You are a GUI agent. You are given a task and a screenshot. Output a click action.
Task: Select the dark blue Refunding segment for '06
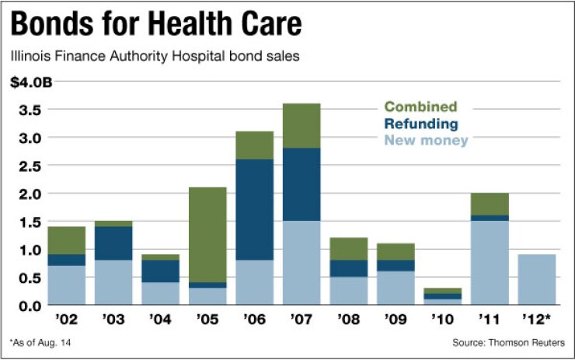coord(254,210)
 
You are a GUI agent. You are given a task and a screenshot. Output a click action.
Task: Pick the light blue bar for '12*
coord(536,279)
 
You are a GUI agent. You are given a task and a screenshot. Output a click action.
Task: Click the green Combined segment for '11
coord(490,204)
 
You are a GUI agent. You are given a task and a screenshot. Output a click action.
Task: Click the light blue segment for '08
coord(348,291)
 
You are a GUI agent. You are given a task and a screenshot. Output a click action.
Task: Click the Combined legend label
coord(420,107)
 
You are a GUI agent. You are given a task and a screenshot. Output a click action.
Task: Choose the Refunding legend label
coord(420,124)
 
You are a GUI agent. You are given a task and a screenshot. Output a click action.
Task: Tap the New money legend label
coord(427,141)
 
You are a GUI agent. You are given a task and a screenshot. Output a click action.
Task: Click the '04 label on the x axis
coord(160,319)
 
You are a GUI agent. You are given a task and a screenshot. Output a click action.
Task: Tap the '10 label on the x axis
coord(442,319)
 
